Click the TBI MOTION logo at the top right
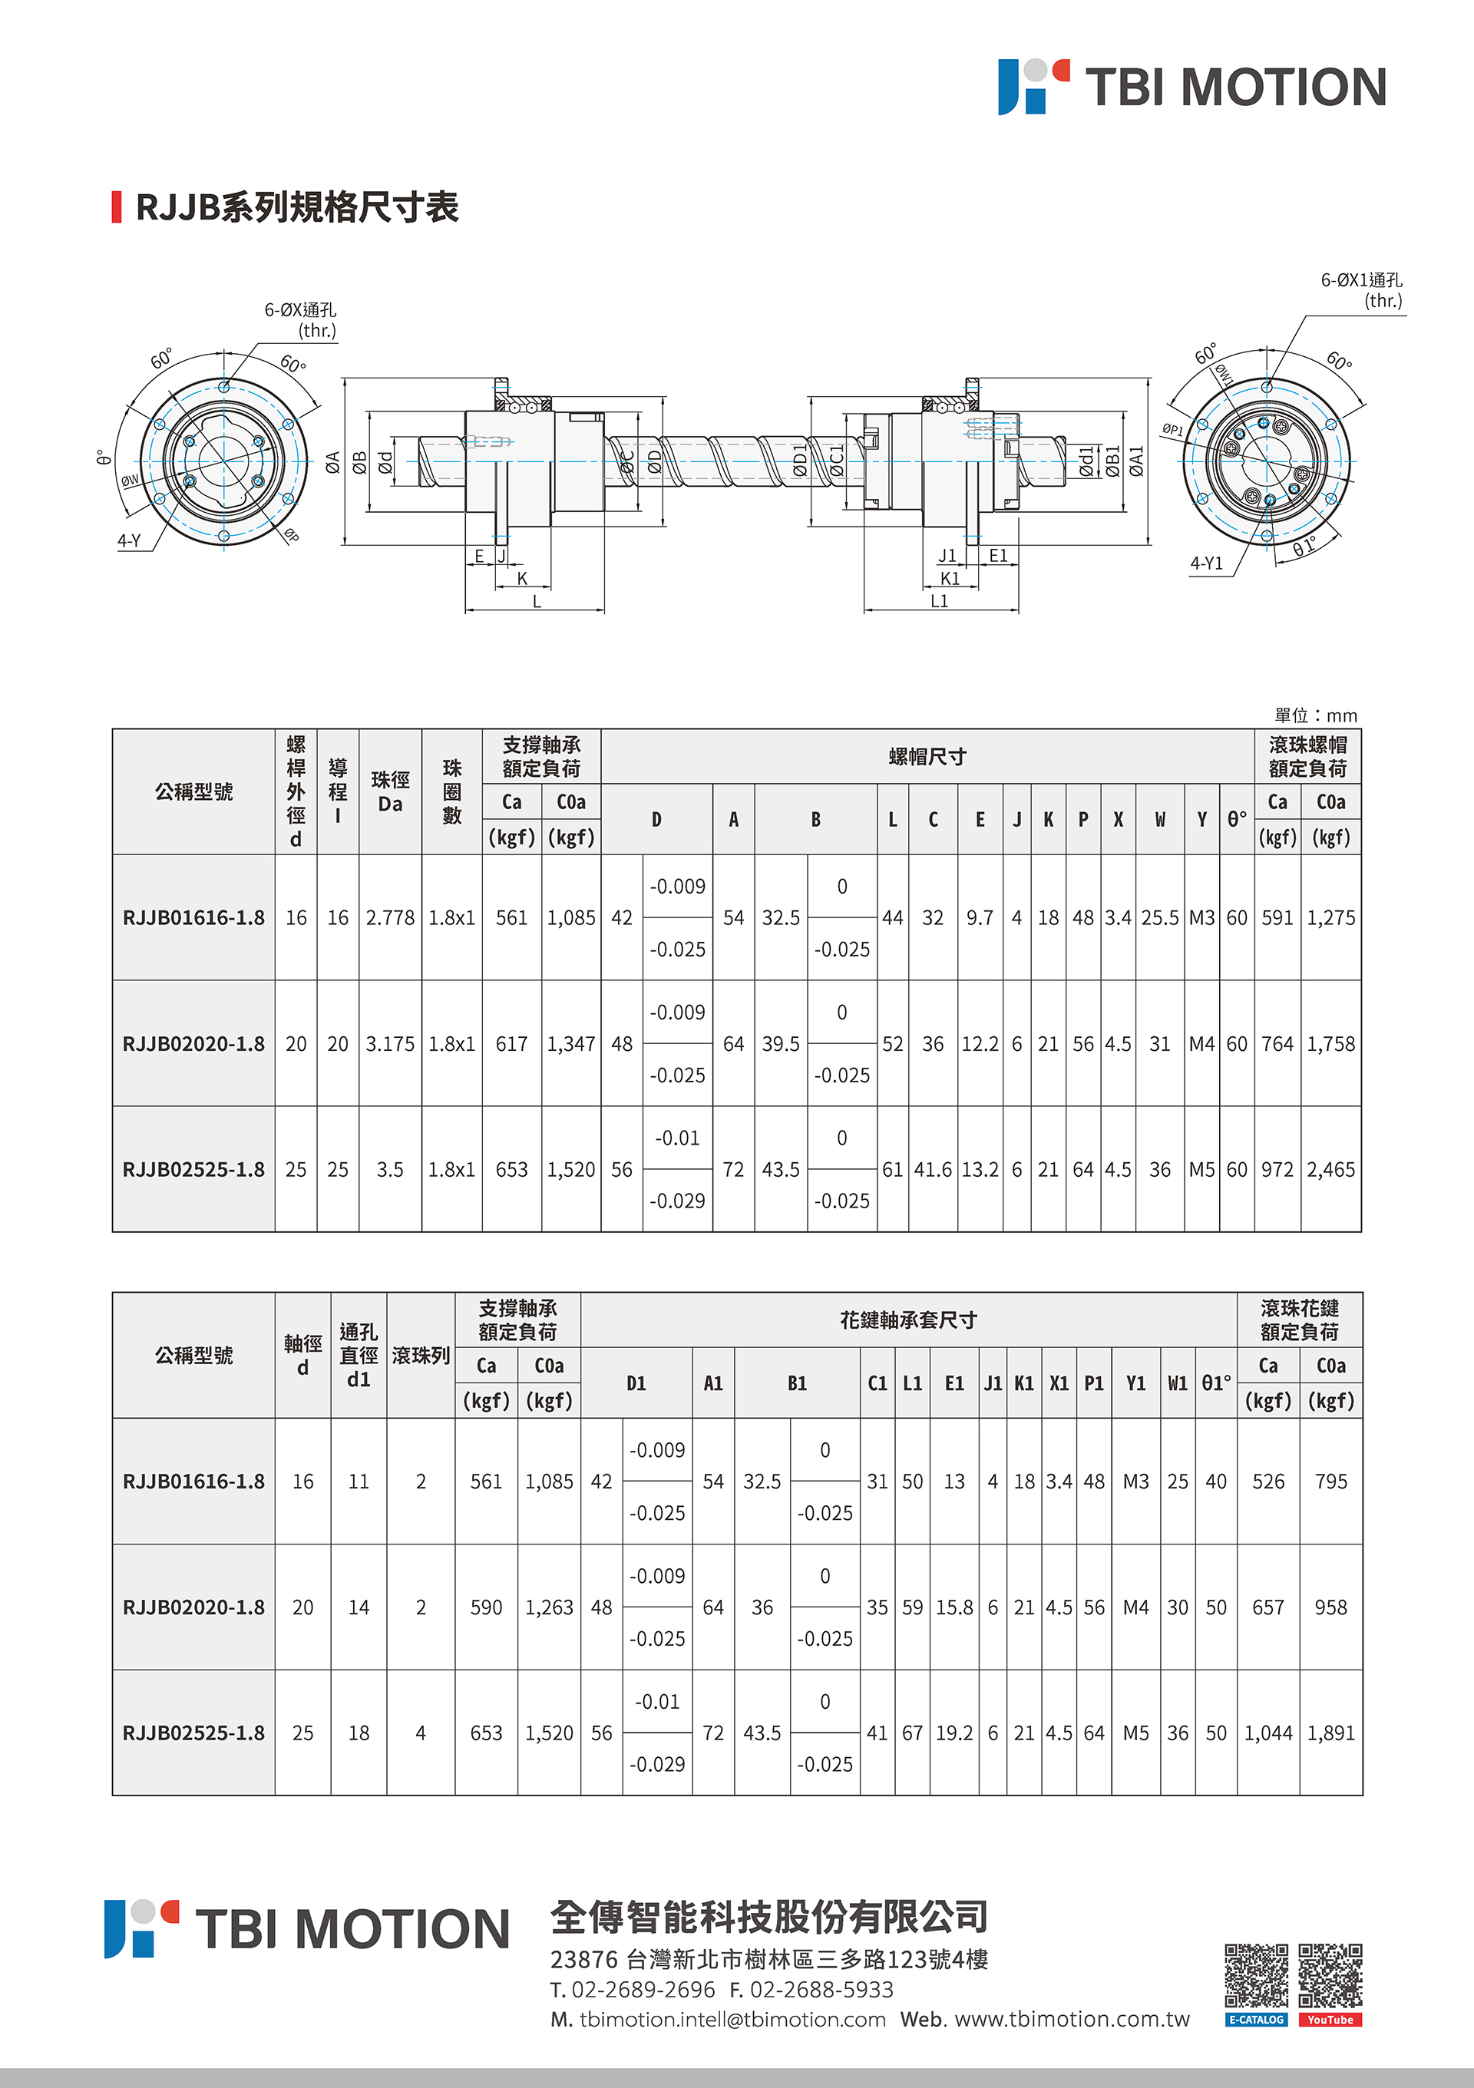click(x=1192, y=88)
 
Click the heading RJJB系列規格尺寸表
click(x=297, y=207)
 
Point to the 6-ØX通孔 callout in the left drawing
click(x=300, y=319)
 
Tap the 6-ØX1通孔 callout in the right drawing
click(x=1361, y=290)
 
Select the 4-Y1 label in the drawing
click(x=1207, y=563)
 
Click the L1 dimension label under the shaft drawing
click(x=940, y=601)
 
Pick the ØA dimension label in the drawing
click(x=333, y=463)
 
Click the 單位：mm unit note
click(x=1315, y=715)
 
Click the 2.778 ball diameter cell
click(x=390, y=917)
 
